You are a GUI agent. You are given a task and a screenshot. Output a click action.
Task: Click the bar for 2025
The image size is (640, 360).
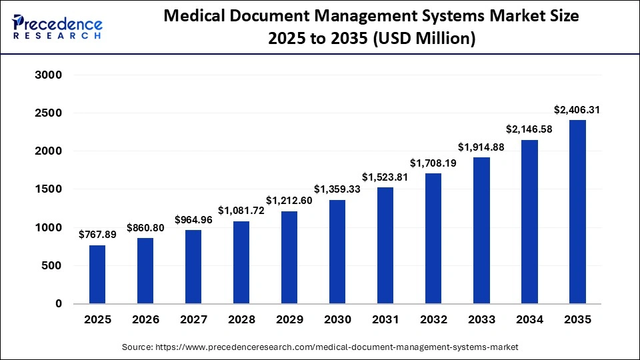97,274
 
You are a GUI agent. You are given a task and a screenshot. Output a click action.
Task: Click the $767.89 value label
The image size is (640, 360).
97,234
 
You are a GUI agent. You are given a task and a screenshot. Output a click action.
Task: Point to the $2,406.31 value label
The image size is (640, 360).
577,109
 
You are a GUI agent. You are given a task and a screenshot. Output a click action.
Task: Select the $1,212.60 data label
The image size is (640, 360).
289,200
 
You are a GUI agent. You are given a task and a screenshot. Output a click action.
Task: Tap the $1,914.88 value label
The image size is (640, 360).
481,147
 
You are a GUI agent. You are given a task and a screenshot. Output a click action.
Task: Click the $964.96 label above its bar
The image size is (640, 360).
193,219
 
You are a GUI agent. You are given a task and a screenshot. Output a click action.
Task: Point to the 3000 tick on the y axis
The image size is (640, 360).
48,75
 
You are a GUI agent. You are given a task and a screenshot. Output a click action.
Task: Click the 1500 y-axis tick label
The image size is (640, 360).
48,189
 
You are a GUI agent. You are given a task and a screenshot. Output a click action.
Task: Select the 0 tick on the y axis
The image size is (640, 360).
58,304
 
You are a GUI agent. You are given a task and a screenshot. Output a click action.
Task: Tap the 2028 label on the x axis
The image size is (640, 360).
241,320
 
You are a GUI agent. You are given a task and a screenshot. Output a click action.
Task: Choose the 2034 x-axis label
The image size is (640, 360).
529,320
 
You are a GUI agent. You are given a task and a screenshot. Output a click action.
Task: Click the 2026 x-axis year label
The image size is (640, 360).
145,320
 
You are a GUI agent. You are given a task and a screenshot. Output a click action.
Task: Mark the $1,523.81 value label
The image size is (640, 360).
385,177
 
